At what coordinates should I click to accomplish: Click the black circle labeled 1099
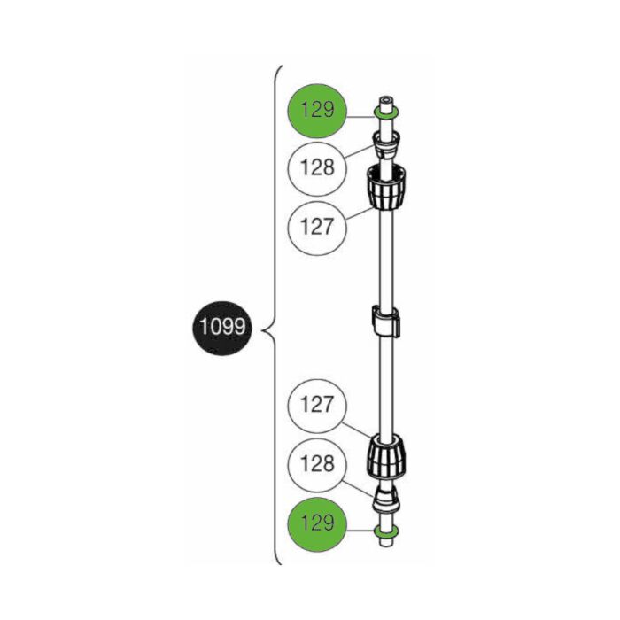[221, 327]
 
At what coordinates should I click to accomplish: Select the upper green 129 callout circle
[317, 111]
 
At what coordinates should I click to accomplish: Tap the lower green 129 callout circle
[317, 524]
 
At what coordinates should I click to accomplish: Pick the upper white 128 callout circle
[317, 169]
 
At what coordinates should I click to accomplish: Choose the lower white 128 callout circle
[317, 465]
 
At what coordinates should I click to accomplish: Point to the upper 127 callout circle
[317, 229]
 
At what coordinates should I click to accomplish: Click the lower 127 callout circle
[317, 406]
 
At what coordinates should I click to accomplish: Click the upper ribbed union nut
[387, 187]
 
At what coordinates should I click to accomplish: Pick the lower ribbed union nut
[386, 457]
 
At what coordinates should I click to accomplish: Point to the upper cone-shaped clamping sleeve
[386, 144]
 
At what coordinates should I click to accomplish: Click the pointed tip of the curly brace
[262, 329]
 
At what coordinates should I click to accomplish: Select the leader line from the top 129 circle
[360, 117]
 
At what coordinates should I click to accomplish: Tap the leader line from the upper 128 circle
[360, 152]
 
